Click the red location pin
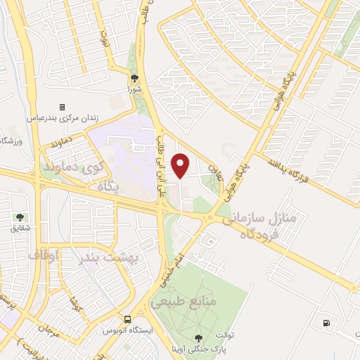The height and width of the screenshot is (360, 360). tap(181, 165)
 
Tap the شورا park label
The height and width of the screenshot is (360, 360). tap(135, 90)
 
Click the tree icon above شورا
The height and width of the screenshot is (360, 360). tap(135, 79)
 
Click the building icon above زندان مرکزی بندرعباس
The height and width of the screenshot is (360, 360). tap(62, 107)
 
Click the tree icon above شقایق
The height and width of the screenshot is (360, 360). tap(20, 218)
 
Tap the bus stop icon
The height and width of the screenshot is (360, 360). tap(127, 319)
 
